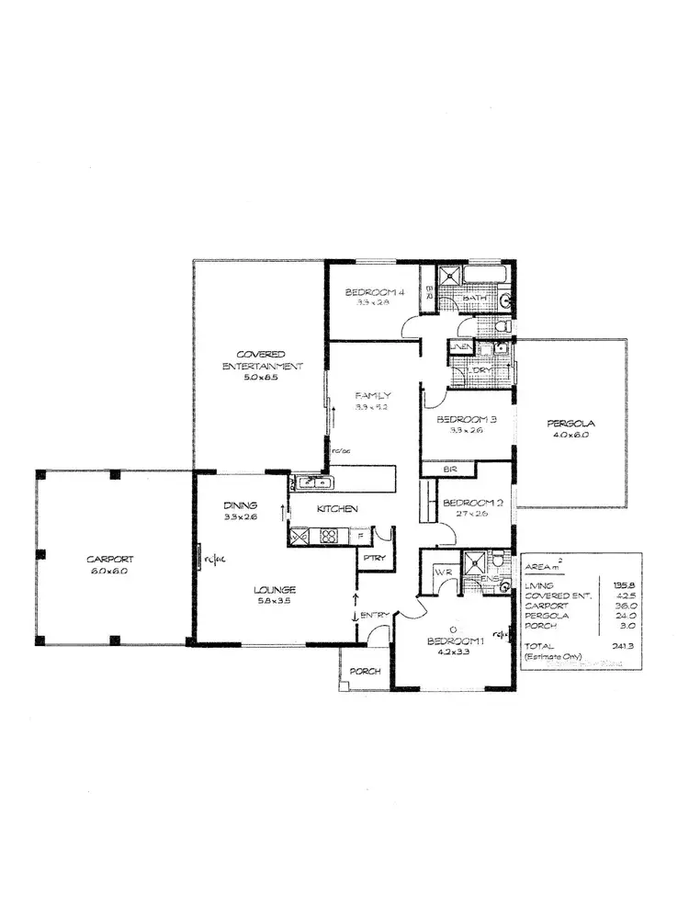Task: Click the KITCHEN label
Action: pyautogui.click(x=337, y=508)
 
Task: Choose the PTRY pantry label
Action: pyautogui.click(x=373, y=557)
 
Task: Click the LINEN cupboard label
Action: pyautogui.click(x=459, y=346)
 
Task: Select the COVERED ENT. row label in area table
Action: pyautogui.click(x=553, y=595)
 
